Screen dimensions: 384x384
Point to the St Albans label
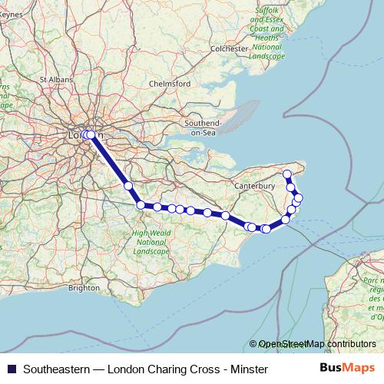(x=55, y=78)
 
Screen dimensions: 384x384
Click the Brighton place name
(x=84, y=288)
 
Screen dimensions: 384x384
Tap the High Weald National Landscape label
(x=150, y=243)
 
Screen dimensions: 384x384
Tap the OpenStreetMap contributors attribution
(x=317, y=344)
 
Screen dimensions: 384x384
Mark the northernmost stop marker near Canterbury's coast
(x=288, y=174)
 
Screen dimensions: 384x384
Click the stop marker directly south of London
(x=128, y=186)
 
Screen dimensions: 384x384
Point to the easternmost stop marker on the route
(x=299, y=197)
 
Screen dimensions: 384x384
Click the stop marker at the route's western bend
(x=141, y=204)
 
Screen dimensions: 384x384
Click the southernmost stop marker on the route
(x=266, y=229)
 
